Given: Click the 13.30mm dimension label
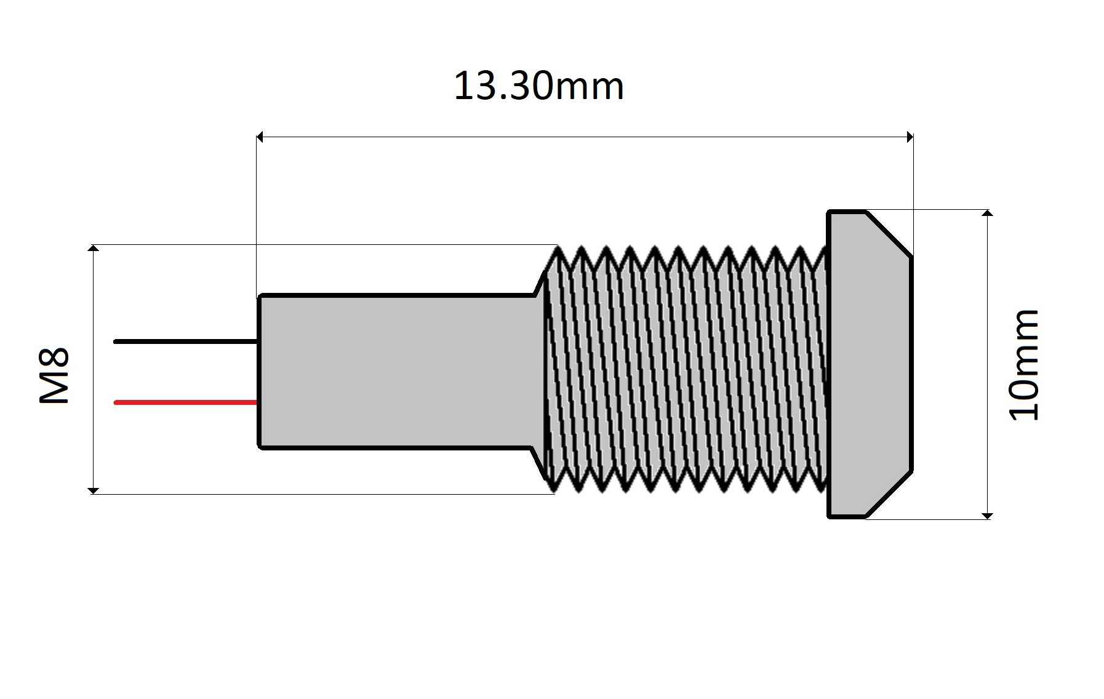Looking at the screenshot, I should click(x=538, y=86).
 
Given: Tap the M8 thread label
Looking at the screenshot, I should click(x=54, y=375).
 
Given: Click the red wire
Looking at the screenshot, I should click(x=185, y=402).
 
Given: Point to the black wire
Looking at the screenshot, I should click(x=185, y=341).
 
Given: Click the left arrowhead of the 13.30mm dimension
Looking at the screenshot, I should click(x=260, y=137).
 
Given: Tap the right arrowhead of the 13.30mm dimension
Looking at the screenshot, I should click(x=910, y=137).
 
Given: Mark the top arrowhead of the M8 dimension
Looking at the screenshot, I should click(x=93, y=248).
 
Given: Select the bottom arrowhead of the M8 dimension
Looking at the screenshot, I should click(x=93, y=490).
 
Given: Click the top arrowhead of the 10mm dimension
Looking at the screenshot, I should click(x=987, y=213).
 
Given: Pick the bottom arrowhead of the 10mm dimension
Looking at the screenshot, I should click(x=987, y=516).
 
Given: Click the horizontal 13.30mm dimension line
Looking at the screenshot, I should click(x=585, y=137).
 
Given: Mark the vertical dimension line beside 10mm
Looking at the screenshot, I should click(x=987, y=277).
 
